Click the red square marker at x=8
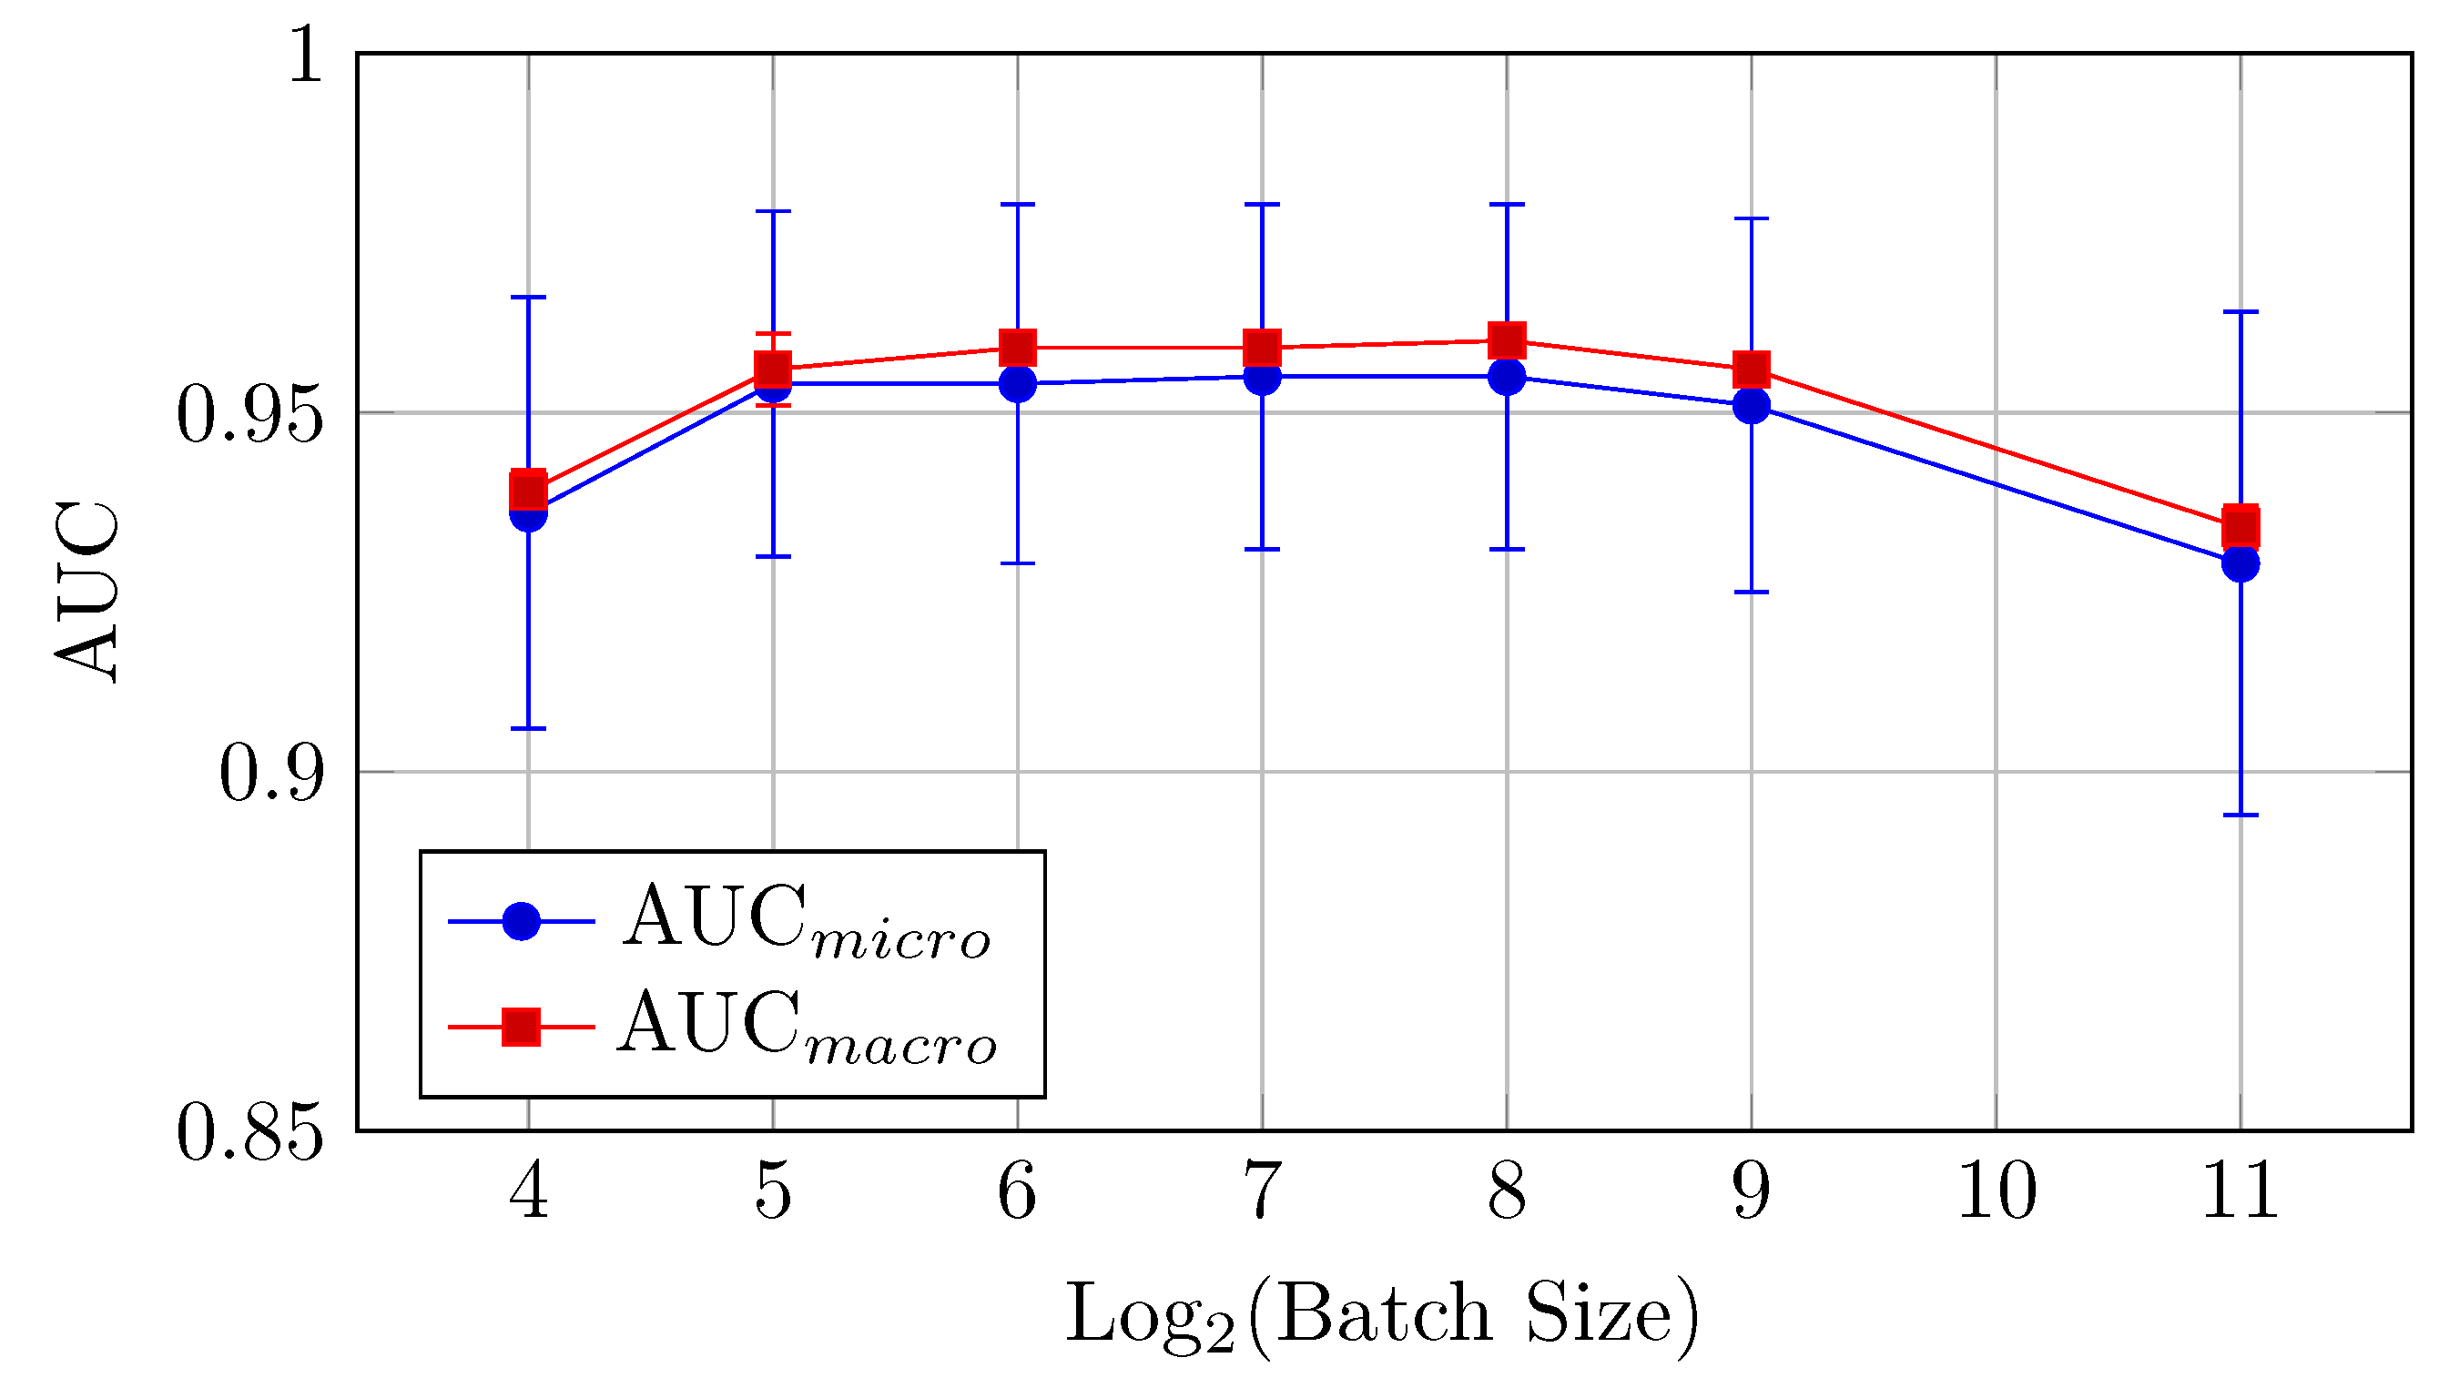coord(1506,340)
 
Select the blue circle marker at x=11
coord(2240,563)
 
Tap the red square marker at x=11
coord(2240,526)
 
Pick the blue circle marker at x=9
coord(1752,405)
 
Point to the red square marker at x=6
coord(1017,347)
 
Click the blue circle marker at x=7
coord(1262,377)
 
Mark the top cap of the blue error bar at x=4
coord(528,298)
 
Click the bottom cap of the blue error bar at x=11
coord(2240,816)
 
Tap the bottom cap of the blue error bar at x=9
coord(1752,592)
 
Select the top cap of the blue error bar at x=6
coord(1017,204)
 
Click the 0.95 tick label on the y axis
coord(249,417)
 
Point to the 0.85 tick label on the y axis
coord(249,1133)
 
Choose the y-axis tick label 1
coord(305,56)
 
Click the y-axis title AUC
coord(87,591)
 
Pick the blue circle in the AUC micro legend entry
coord(522,921)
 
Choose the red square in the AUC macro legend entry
coord(522,1027)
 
